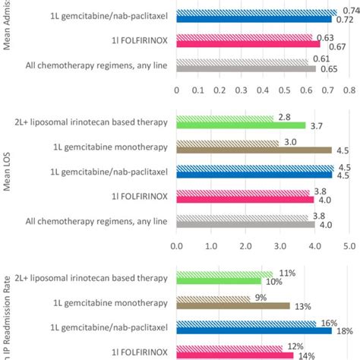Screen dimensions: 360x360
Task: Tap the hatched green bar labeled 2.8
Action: pos(225,118)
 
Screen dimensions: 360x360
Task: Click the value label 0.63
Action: pos(324,37)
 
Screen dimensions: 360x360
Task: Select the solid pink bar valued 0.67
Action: pos(248,45)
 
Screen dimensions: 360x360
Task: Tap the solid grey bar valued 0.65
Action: pos(246,69)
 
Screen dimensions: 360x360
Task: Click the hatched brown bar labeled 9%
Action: pos(213,298)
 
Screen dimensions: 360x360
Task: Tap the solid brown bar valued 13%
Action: pos(233,306)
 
